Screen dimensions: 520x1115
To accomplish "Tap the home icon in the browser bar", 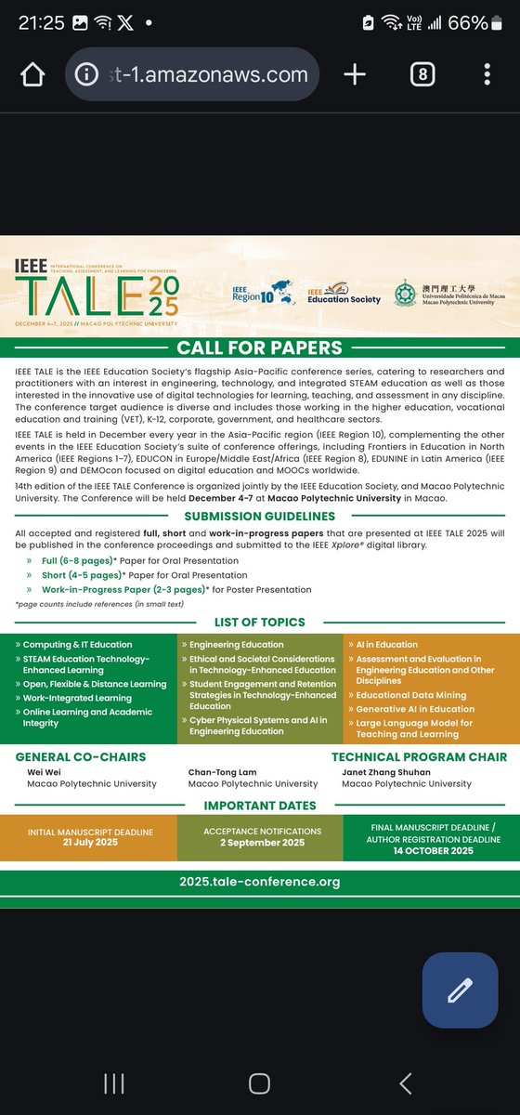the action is point(32,74).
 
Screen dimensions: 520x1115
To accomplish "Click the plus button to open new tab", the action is point(354,74).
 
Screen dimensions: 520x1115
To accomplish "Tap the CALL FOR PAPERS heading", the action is point(259,348).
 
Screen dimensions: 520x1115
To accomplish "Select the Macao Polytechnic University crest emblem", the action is point(406,295).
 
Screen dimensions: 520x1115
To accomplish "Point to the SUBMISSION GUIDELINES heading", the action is point(259,516).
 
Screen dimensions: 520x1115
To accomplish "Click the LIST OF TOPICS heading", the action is point(259,621).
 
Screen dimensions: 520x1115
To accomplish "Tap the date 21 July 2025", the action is point(90,843).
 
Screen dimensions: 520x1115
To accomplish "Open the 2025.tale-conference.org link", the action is point(259,882).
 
